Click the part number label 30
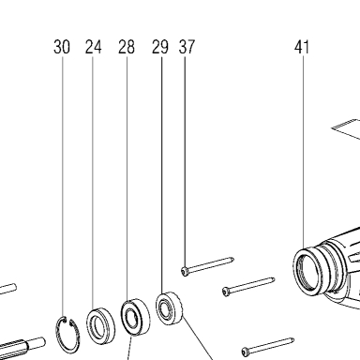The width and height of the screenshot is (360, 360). (x=62, y=47)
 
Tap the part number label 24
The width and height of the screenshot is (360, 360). (x=94, y=47)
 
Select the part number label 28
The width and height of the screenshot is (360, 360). (x=127, y=47)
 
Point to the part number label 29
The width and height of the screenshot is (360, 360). (x=160, y=47)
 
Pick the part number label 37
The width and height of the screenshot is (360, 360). (x=187, y=47)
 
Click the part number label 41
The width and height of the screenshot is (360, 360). (x=302, y=47)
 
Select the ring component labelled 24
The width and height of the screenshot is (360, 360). (x=100, y=326)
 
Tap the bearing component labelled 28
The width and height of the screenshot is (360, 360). (x=135, y=317)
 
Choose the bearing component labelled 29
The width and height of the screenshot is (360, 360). (x=169, y=308)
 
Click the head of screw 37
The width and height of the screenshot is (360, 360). (x=184, y=271)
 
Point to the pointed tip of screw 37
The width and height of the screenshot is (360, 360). (x=232, y=259)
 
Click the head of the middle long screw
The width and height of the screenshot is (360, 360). (x=226, y=292)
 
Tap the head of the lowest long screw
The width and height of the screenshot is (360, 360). (x=246, y=352)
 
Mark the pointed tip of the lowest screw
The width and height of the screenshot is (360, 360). (x=292, y=339)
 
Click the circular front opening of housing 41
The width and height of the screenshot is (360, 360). (x=308, y=271)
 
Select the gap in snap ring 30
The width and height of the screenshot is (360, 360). (x=68, y=320)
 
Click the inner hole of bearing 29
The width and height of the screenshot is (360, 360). (x=165, y=308)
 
